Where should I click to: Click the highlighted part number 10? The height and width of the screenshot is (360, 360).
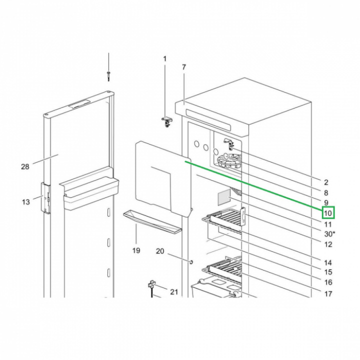pyautogui.click(x=328, y=213)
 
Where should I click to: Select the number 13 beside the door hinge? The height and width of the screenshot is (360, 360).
pyautogui.click(x=26, y=201)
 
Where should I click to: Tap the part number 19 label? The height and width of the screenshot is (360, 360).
pyautogui.click(x=136, y=250)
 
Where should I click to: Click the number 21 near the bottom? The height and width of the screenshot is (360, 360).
pyautogui.click(x=174, y=291)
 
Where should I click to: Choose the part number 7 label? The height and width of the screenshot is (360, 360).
pyautogui.click(x=183, y=67)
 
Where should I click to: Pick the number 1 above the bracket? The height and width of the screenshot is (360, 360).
pyautogui.click(x=165, y=59)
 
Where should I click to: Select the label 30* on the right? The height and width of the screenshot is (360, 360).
pyautogui.click(x=328, y=234)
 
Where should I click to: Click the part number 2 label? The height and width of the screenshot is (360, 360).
pyautogui.click(x=326, y=182)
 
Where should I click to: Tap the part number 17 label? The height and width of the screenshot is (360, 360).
pyautogui.click(x=328, y=294)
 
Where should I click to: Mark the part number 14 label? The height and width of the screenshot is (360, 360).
pyautogui.click(x=328, y=262)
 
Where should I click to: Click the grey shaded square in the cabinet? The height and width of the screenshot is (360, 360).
pyautogui.click(x=223, y=196)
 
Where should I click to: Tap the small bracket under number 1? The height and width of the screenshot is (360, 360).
pyautogui.click(x=166, y=120)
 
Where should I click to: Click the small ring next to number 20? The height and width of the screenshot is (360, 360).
pyautogui.click(x=191, y=261)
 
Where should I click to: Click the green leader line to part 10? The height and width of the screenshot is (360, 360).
pyautogui.click(x=255, y=185)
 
